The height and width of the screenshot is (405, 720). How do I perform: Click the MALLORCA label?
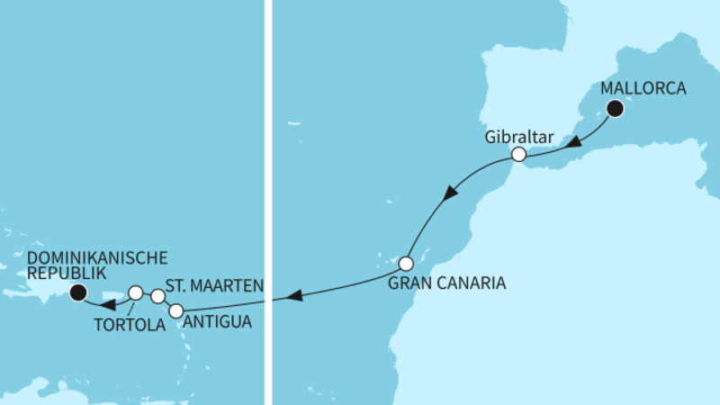[x=643, y=89]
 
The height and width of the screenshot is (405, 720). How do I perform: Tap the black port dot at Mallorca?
[x=616, y=110]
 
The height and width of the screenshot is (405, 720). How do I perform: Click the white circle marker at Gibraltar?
[x=518, y=155]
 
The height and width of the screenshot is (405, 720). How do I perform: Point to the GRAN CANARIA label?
[x=447, y=283]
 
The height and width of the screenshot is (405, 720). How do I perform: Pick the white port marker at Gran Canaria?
[x=405, y=265]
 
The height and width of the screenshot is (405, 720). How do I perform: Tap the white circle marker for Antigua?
[x=176, y=310]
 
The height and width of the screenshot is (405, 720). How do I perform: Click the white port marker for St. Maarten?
[x=157, y=296]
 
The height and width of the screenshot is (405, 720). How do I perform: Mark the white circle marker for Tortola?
[x=135, y=292]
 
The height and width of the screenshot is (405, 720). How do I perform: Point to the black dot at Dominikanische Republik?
[x=77, y=291]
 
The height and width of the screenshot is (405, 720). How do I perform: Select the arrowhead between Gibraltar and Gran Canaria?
[x=453, y=192]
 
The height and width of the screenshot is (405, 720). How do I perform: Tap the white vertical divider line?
[x=268, y=202]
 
